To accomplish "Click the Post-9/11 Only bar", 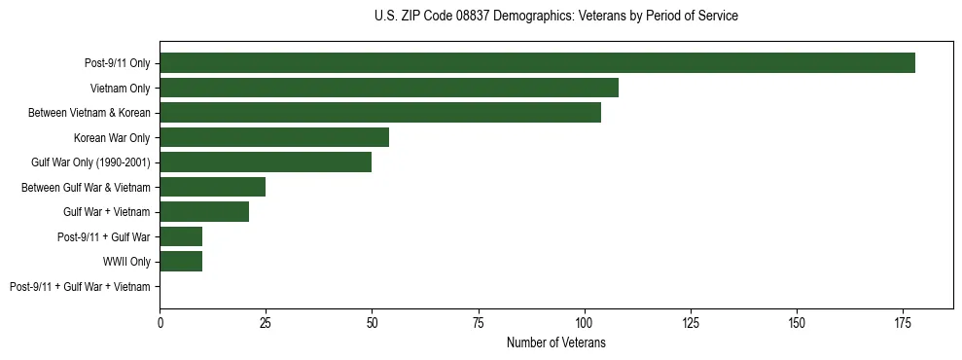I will pyautogui.click(x=537, y=63).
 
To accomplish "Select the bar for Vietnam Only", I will pyautogui.click(x=389, y=88).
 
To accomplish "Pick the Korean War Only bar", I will pyautogui.click(x=274, y=137).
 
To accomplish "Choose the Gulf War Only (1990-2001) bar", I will pyautogui.click(x=266, y=162).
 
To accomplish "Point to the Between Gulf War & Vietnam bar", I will pyautogui.click(x=213, y=187).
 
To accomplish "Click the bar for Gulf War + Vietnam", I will pyautogui.click(x=204, y=211).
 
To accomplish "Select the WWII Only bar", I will pyautogui.click(x=181, y=261).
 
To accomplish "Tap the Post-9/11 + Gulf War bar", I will pyautogui.click(x=181, y=236).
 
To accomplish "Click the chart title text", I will pyautogui.click(x=555, y=17).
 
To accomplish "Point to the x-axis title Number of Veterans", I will pyautogui.click(x=555, y=342).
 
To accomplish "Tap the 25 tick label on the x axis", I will pyautogui.click(x=266, y=322).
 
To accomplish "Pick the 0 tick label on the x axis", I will pyautogui.click(x=160, y=322).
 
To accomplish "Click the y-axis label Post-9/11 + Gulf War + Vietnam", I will pyautogui.click(x=80, y=286).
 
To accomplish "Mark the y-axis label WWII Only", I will pyautogui.click(x=126, y=261).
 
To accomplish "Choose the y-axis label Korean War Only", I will pyautogui.click(x=112, y=137).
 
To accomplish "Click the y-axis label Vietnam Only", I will pyautogui.click(x=120, y=88).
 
